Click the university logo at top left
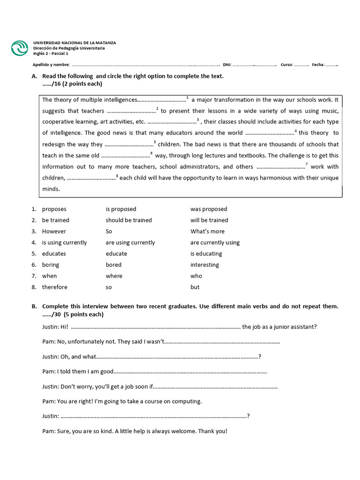pos(20,48)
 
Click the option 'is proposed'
pos(121,209)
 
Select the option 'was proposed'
pos(209,209)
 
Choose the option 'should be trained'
pos(129,220)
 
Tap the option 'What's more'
pos(207,232)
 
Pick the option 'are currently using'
pos(215,243)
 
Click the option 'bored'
pos(113,265)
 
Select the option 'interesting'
pos(204,265)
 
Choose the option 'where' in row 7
pos(114,276)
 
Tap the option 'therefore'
pos(55,287)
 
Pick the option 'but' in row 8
pos(195,287)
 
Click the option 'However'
pos(54,232)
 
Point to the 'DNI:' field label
pos(227,65)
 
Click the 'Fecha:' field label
pos(318,65)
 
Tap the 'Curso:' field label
pos(287,65)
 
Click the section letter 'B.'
pos(34,307)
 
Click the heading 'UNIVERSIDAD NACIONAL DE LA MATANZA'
pos(74,43)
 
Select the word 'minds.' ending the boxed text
pos(51,189)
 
